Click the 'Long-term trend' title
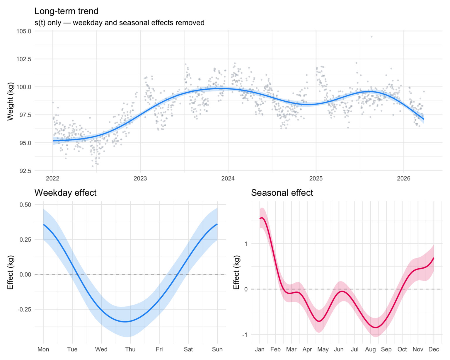[66, 11]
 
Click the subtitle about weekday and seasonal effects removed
[119, 23]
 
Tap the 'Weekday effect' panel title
[65, 193]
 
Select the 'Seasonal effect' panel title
[282, 193]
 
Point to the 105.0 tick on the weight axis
[24, 31]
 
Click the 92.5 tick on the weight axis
[25, 171]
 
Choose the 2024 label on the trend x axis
[228, 178]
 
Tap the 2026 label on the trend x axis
[403, 178]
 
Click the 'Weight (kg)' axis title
[10, 101]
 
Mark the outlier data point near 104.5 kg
[371, 37]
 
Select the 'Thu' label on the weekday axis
[130, 349]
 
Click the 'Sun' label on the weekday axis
[217, 349]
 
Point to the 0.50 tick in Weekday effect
[25, 204]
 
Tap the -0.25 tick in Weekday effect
[24, 309]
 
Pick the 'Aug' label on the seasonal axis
[370, 349]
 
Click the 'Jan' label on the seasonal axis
[260, 349]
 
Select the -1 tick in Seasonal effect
[244, 335]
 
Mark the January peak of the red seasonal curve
[262, 218]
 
